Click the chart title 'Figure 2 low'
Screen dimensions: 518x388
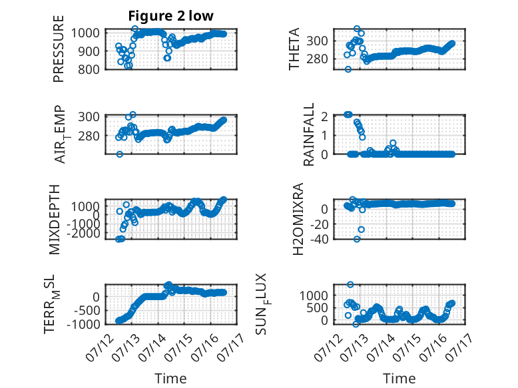(x=171, y=16)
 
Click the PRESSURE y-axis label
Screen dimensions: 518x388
(x=58, y=49)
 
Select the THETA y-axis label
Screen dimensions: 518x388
(x=294, y=49)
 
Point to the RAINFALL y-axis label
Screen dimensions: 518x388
(x=308, y=134)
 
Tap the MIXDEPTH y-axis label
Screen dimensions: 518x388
(x=54, y=220)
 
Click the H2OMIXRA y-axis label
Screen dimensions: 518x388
(x=298, y=219)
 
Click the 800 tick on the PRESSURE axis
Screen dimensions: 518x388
(x=88, y=69)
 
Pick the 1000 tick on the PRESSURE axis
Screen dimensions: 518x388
(x=85, y=33)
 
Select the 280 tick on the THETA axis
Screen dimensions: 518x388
(x=317, y=59)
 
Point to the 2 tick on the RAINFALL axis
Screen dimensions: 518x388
(x=324, y=116)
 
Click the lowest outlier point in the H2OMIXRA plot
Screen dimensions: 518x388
(x=357, y=239)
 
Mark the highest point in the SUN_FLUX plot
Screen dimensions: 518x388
(x=350, y=284)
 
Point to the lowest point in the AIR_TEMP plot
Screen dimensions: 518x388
(x=120, y=154)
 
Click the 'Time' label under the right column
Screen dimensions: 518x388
(x=399, y=379)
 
